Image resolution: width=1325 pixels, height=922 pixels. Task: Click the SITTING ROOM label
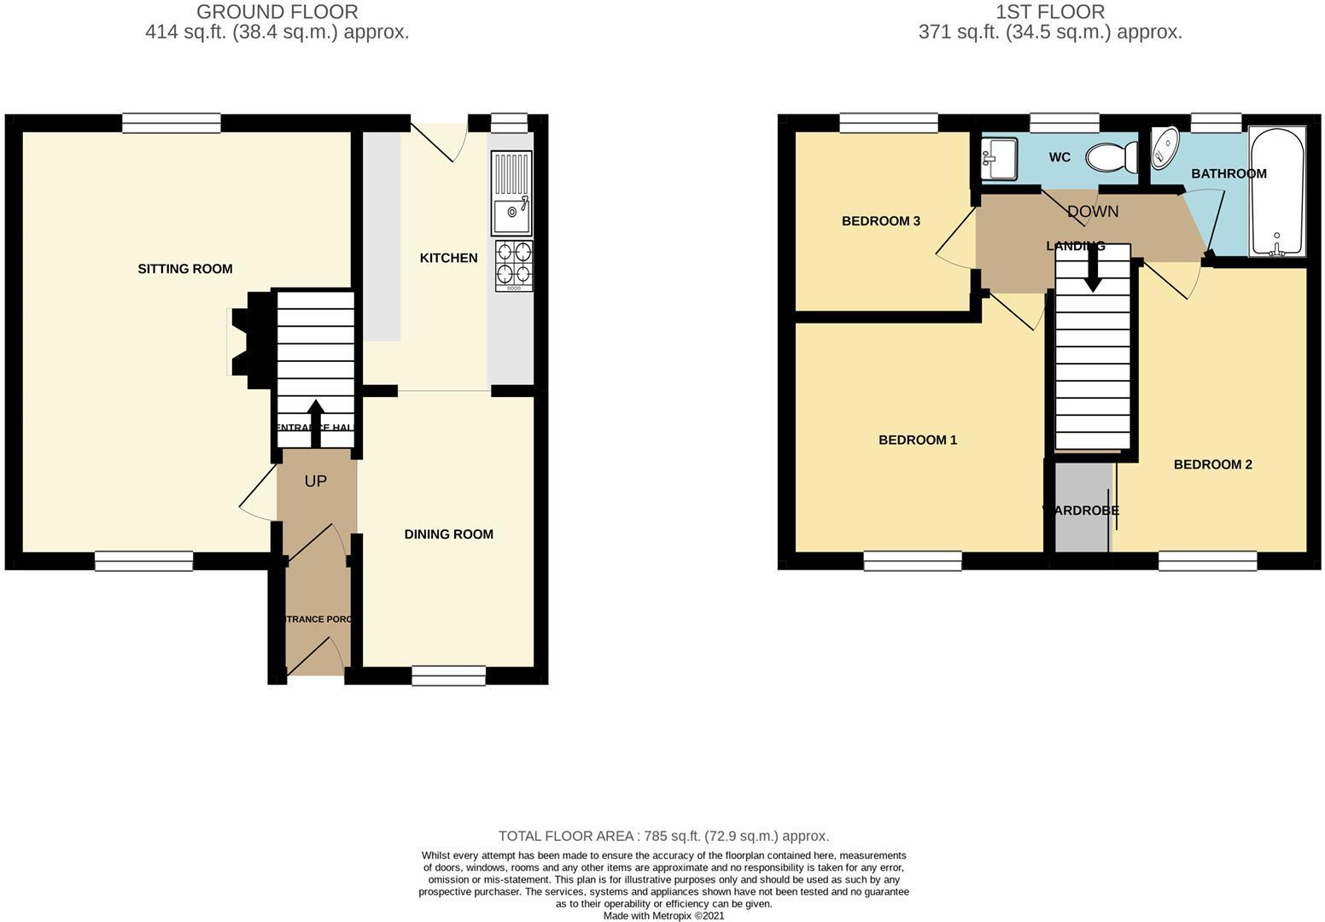click(x=185, y=269)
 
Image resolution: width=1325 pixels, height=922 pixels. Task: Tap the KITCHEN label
click(x=448, y=258)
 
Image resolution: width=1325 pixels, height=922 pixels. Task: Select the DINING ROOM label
click(x=448, y=534)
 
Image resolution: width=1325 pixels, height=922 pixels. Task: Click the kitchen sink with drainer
click(x=511, y=193)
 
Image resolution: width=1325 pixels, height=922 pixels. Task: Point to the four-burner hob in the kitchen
click(x=513, y=265)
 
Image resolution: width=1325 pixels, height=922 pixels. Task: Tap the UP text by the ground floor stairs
click(x=316, y=481)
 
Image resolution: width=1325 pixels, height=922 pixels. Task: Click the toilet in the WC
click(x=1112, y=158)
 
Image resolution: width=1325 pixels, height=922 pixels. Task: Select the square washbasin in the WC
click(x=999, y=158)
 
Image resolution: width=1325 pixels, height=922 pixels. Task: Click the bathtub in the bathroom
click(x=1277, y=191)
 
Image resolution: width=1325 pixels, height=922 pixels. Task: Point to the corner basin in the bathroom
click(x=1164, y=148)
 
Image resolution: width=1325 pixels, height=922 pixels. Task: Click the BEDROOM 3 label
click(x=880, y=221)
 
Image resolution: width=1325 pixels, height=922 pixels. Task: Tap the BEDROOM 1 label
click(x=918, y=441)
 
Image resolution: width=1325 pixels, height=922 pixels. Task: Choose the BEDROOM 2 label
click(x=1212, y=465)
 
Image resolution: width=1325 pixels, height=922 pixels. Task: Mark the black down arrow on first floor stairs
click(x=1092, y=275)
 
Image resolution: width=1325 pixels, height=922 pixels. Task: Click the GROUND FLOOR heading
click(x=277, y=12)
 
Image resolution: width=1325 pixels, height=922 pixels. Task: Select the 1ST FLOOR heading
click(x=1049, y=12)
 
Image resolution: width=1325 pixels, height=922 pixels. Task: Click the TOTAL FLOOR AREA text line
click(x=663, y=837)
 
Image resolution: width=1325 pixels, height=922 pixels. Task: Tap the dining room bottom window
click(x=448, y=676)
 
